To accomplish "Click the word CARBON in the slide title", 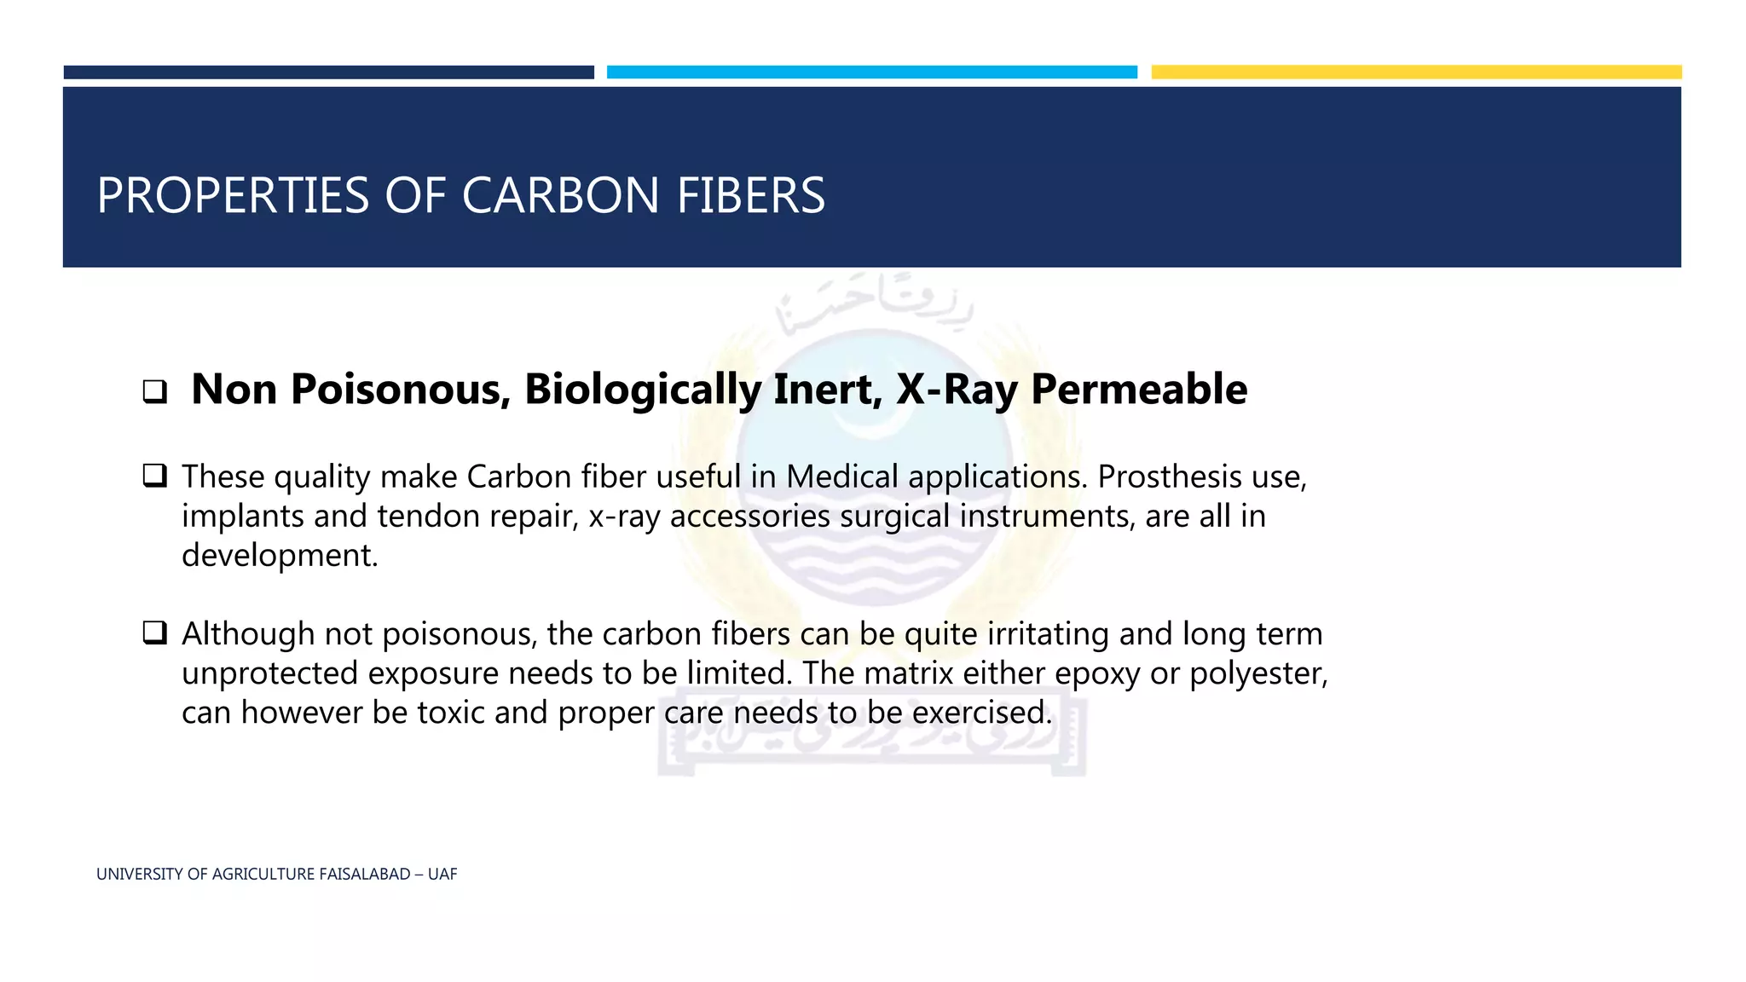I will tap(560, 195).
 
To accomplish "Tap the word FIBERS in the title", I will tap(750, 195).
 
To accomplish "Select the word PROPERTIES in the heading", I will tap(233, 195).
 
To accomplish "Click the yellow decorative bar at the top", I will tap(1416, 72).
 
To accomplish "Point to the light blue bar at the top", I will tap(871, 72).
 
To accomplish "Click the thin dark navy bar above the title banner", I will tap(328, 72).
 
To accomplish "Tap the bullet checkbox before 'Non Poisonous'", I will tap(154, 392).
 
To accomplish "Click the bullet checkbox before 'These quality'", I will tap(154, 475).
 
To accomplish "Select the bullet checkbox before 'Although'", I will tap(154, 633).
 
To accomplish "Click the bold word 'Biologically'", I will tap(642, 390).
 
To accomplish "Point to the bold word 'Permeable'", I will tap(1139, 389).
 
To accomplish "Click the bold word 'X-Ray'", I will tap(957, 390).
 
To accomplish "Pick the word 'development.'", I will tap(280, 555).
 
